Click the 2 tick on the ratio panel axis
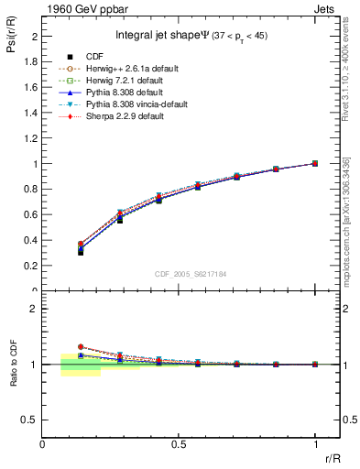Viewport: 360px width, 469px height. pos(35,309)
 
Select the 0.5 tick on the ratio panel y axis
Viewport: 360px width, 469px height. pos(31,420)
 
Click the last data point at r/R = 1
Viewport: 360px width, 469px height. pos(315,163)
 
